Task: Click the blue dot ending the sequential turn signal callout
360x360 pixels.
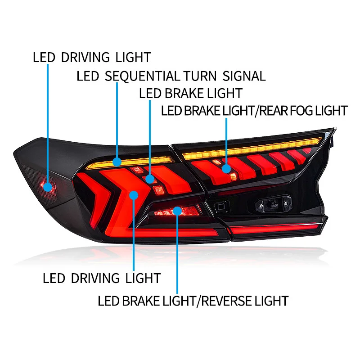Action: pyautogui.click(x=117, y=161)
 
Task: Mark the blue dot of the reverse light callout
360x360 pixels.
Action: pyautogui.click(x=177, y=210)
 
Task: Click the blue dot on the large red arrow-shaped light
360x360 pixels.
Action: pyautogui.click(x=134, y=194)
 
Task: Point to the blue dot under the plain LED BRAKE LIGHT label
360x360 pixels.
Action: pyautogui.click(x=150, y=180)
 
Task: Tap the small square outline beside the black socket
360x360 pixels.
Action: pyautogui.click(x=220, y=207)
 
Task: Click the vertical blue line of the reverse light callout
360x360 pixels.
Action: pyautogui.click(x=177, y=252)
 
